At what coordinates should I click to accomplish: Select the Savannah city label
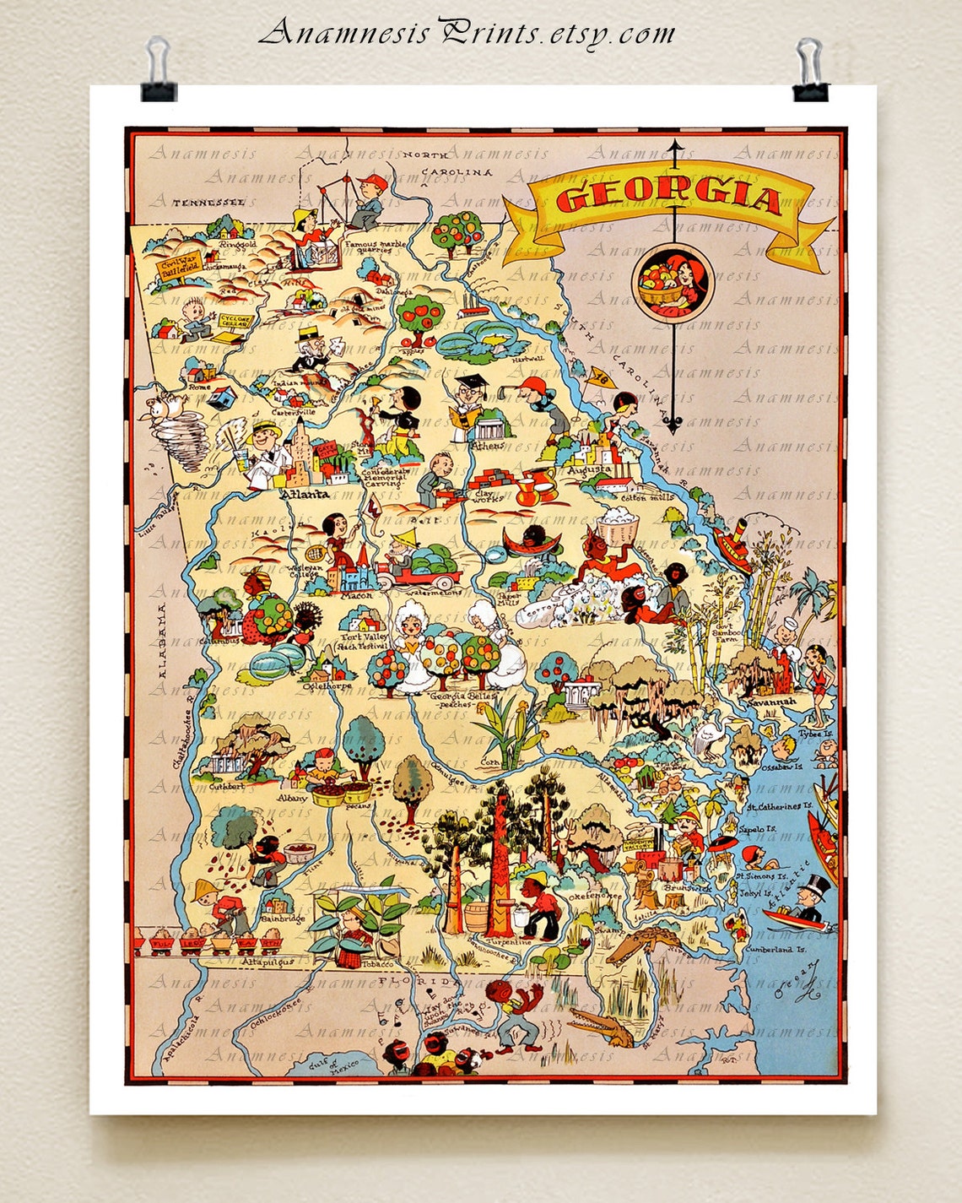click(770, 702)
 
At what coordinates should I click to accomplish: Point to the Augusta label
click(589, 469)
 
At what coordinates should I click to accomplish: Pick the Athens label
click(489, 445)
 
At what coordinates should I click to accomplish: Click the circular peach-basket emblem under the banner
click(672, 282)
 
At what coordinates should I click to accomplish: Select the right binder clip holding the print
click(810, 69)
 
